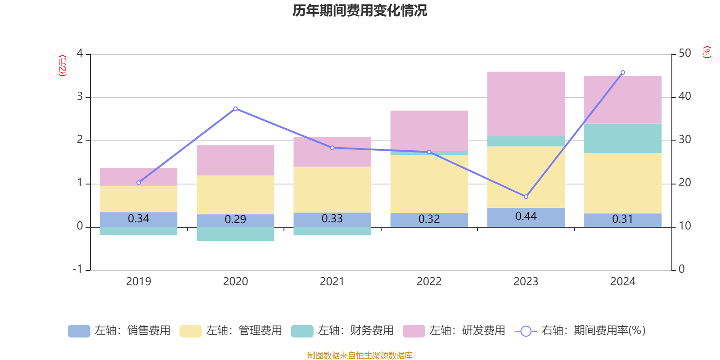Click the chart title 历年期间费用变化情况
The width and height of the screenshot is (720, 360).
360,10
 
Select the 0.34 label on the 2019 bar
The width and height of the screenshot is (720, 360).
139,219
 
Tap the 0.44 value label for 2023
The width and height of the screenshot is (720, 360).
526,216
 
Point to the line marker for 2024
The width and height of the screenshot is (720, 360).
623,72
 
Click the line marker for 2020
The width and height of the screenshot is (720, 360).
235,108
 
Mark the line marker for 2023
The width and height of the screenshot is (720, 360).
526,197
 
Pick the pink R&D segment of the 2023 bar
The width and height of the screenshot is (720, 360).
526,103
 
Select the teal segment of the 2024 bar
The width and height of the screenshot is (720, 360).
623,138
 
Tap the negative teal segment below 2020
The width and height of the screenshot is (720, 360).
235,234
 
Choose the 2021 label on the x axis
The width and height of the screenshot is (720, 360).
332,282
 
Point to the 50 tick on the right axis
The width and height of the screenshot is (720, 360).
684,53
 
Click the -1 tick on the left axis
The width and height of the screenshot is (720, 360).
78,269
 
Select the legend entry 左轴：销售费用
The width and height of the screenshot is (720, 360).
120,331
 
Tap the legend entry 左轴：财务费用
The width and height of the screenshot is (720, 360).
342,331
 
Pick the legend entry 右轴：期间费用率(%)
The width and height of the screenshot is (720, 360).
580,331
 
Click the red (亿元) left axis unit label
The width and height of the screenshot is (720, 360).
63,66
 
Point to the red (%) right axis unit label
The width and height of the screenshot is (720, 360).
706,52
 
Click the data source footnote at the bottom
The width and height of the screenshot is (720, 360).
360,355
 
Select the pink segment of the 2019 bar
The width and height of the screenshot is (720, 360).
139,177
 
